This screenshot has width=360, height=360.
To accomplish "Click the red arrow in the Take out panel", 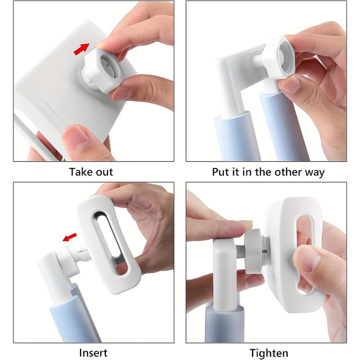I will pyautogui.click(x=81, y=49).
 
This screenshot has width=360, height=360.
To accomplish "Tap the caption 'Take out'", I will pyautogui.click(x=91, y=172).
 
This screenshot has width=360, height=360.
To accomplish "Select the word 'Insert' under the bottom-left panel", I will pyautogui.click(x=93, y=353).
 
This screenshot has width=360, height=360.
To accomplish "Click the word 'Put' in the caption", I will pyautogui.click(x=220, y=172).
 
